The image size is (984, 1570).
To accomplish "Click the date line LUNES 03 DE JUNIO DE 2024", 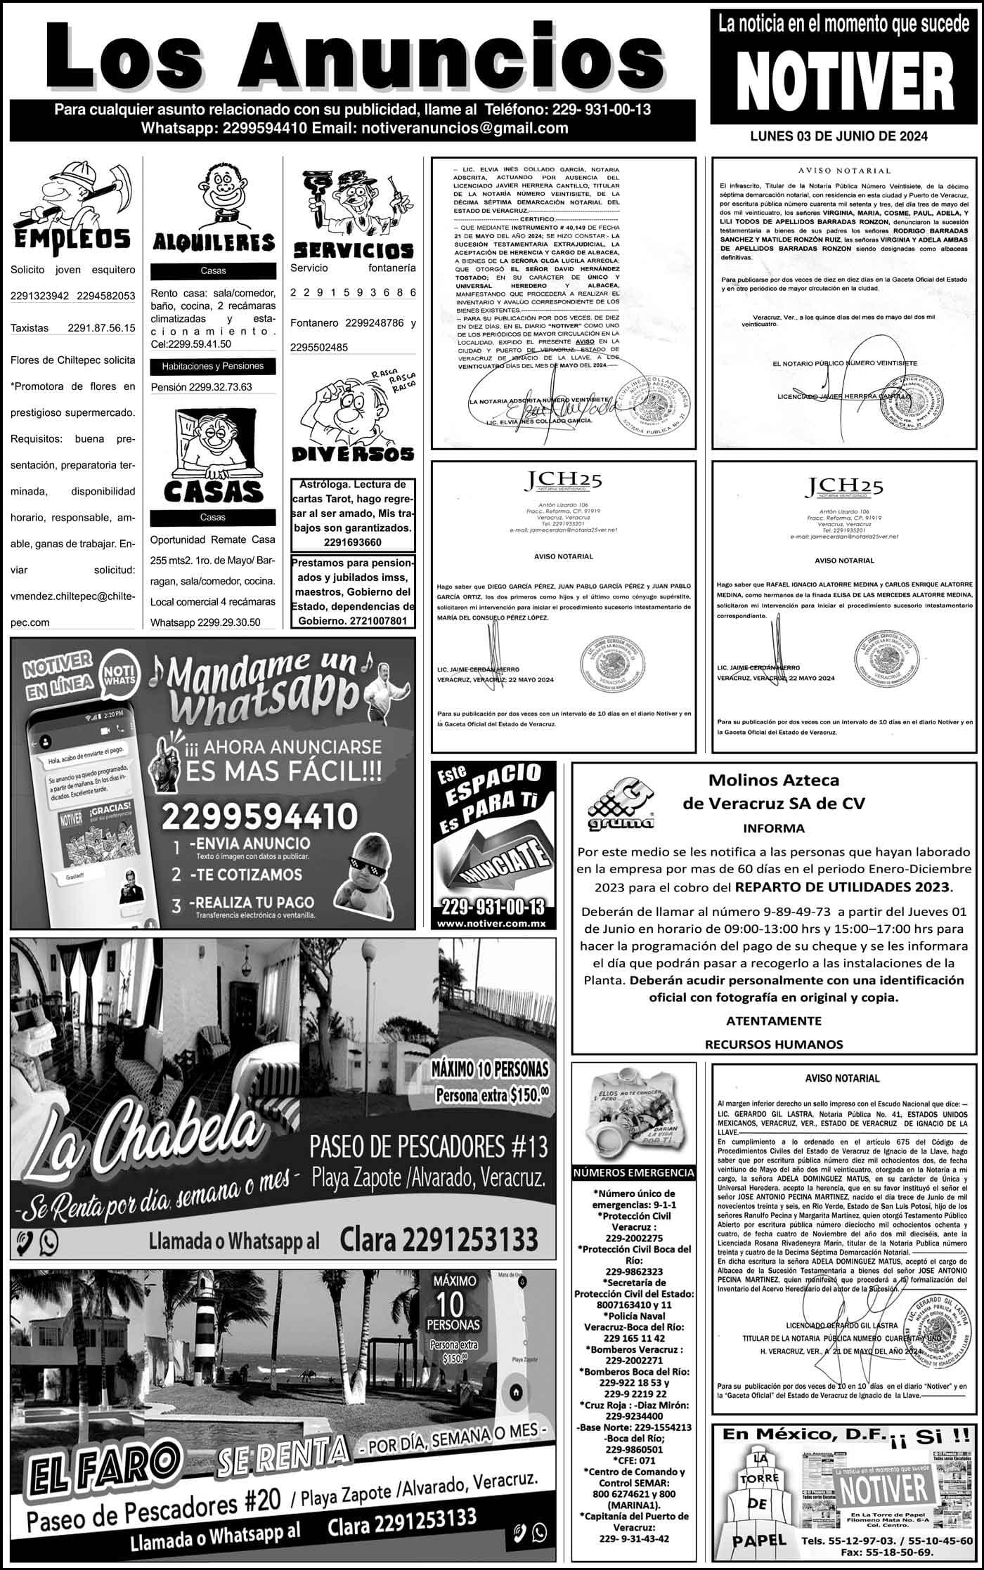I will pos(839,136).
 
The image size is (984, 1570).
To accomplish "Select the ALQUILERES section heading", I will pos(213,243).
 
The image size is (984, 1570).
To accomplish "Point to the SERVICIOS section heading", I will pos(353,249).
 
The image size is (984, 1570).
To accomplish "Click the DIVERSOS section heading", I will pos(353,454).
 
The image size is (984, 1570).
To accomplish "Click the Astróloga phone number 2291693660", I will pos(353,542).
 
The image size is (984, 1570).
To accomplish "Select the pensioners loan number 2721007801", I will pos(377,621).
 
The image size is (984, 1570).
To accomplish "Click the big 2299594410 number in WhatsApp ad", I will pos(260,816).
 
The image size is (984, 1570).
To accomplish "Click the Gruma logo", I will pos(620,806).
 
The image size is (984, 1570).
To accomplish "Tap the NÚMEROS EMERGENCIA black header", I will pos(634,1172).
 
